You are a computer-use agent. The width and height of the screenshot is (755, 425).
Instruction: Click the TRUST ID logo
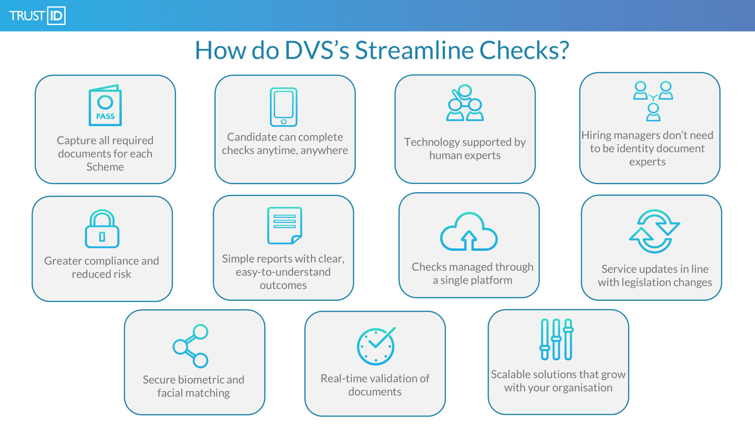[x=37, y=16]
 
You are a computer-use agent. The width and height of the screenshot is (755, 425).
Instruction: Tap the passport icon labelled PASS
[x=105, y=105]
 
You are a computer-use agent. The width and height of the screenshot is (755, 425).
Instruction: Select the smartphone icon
[x=284, y=107]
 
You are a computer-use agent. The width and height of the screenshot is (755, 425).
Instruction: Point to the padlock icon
[x=102, y=229]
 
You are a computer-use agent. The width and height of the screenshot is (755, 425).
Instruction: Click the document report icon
[x=285, y=225]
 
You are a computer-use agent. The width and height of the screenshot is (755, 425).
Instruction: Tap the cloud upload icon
[x=469, y=231]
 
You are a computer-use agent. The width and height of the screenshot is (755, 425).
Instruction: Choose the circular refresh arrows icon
[x=654, y=231]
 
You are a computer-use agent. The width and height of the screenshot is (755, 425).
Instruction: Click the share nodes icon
[x=191, y=346]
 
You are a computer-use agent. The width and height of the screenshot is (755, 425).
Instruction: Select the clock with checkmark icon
[x=376, y=346]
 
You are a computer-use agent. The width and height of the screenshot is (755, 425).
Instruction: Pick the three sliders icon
[x=556, y=340]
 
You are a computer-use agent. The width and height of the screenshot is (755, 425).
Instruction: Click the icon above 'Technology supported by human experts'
[x=465, y=103]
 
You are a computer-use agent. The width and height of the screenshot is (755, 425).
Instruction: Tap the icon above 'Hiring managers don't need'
[x=653, y=101]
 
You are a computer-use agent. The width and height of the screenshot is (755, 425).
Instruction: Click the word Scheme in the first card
[x=105, y=167]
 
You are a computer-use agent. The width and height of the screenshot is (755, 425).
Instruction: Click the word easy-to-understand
[x=283, y=272]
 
